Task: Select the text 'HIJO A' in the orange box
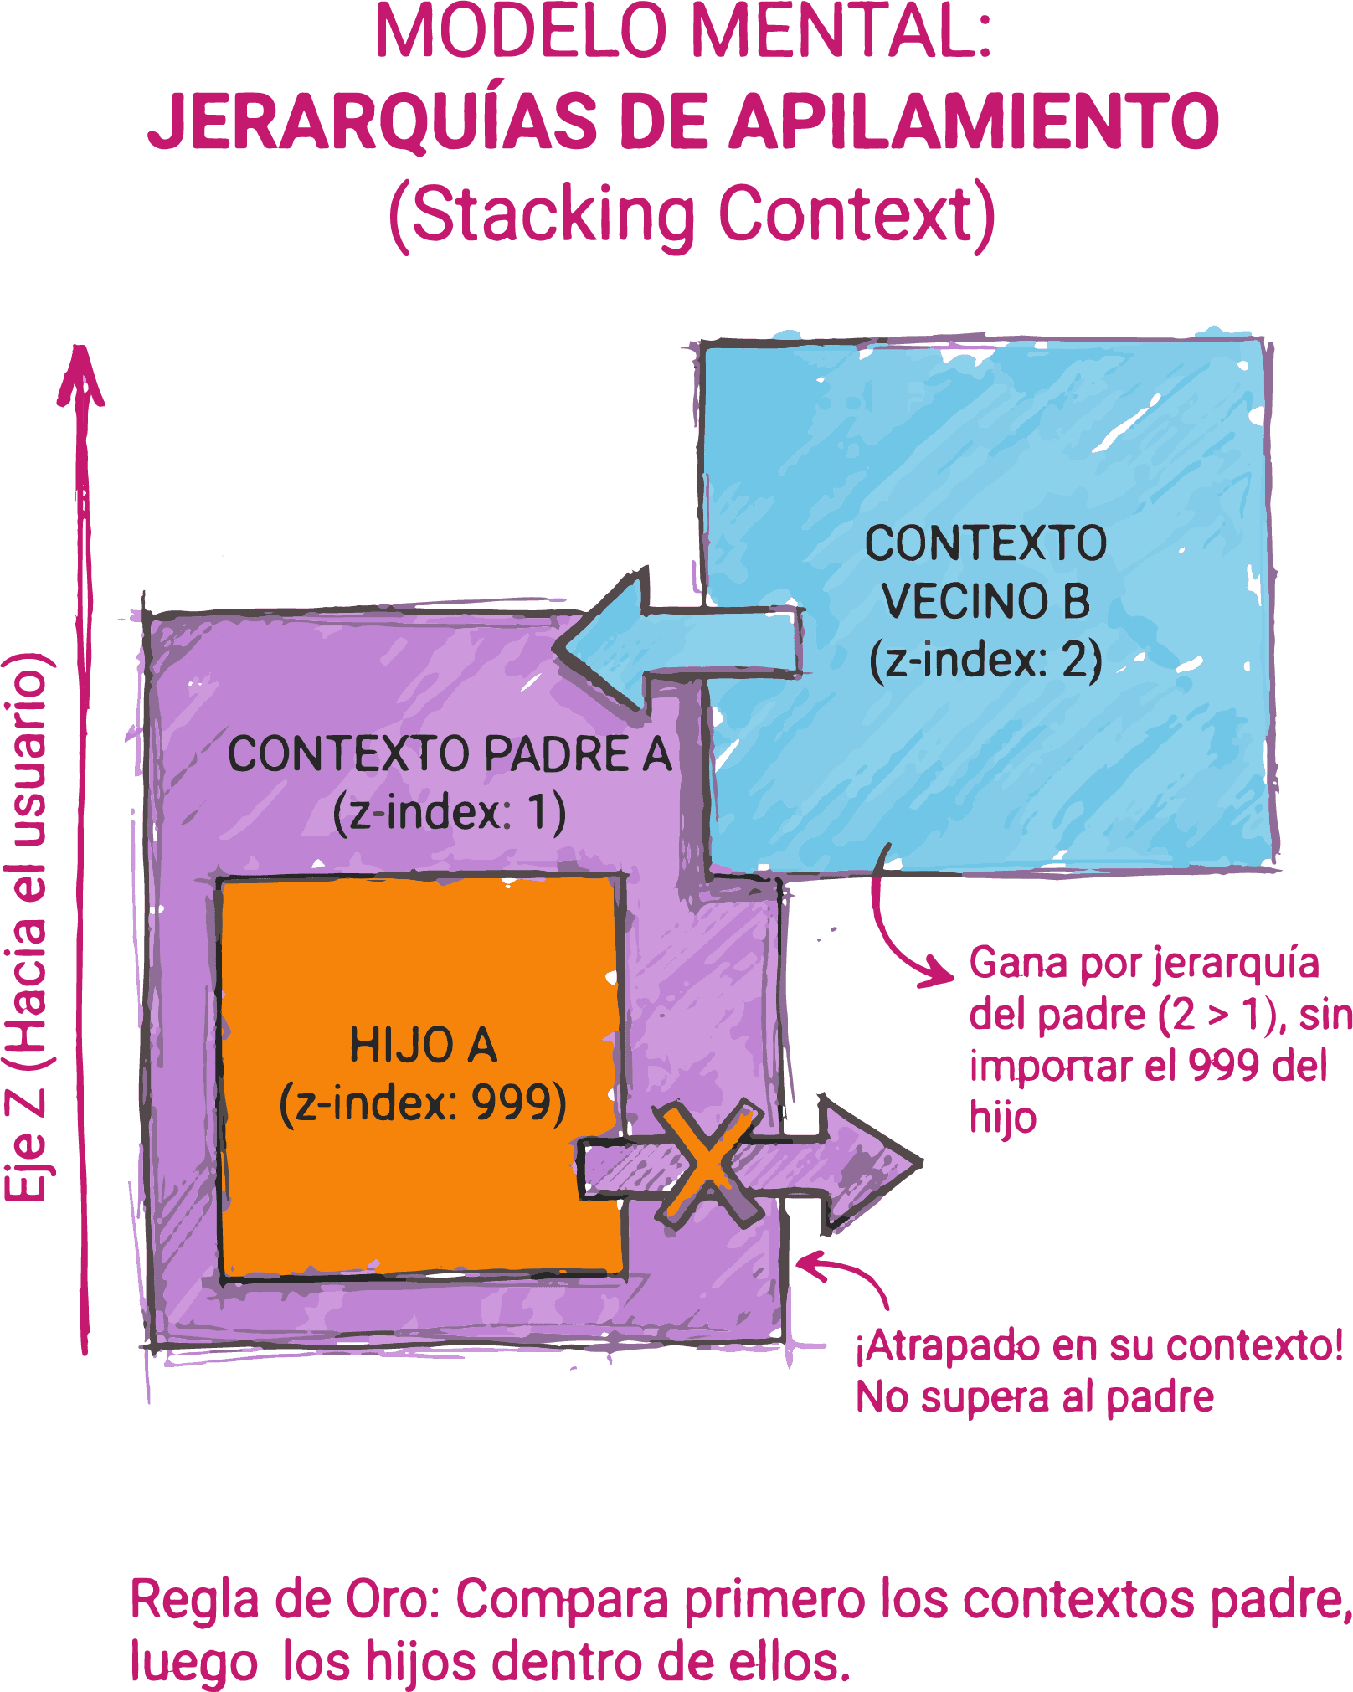[423, 1046]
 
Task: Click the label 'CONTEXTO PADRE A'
[450, 753]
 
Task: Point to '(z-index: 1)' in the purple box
[450, 812]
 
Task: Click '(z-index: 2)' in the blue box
[985, 660]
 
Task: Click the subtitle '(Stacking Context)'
[692, 216]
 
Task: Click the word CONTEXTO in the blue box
[985, 543]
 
